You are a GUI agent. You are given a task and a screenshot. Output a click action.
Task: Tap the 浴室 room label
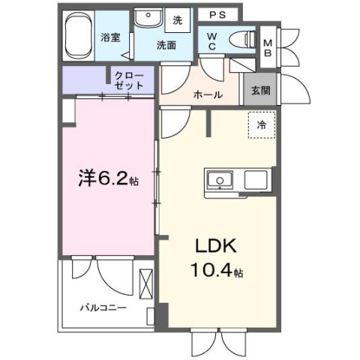pos(110,37)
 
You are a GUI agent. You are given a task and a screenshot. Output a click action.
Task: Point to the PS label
pos(217,14)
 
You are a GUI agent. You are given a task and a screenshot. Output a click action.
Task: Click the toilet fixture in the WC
pos(241,39)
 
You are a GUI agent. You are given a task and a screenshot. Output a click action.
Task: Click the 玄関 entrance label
pos(260,91)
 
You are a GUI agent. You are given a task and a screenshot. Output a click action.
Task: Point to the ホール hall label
pos(207,94)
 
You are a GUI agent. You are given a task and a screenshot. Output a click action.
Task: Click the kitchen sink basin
pos(221,180)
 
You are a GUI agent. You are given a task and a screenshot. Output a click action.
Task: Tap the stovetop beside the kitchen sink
pos(256,180)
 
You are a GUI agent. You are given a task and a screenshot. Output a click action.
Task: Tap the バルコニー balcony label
pos(103,307)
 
